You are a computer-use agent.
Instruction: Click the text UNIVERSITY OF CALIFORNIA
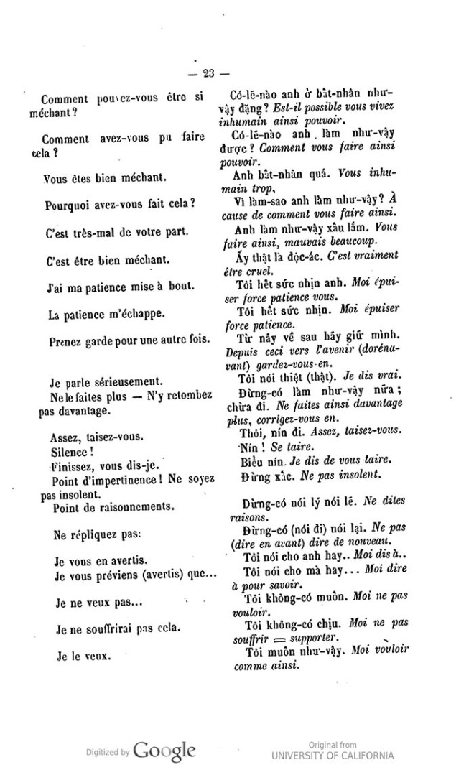pos(333,755)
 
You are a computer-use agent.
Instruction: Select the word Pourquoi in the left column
pos(66,203)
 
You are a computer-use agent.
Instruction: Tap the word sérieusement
pos(125,383)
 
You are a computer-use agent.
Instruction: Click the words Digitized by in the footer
pos(108,753)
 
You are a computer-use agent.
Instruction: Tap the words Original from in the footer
pos(333,745)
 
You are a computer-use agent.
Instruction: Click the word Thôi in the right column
pos(248,430)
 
